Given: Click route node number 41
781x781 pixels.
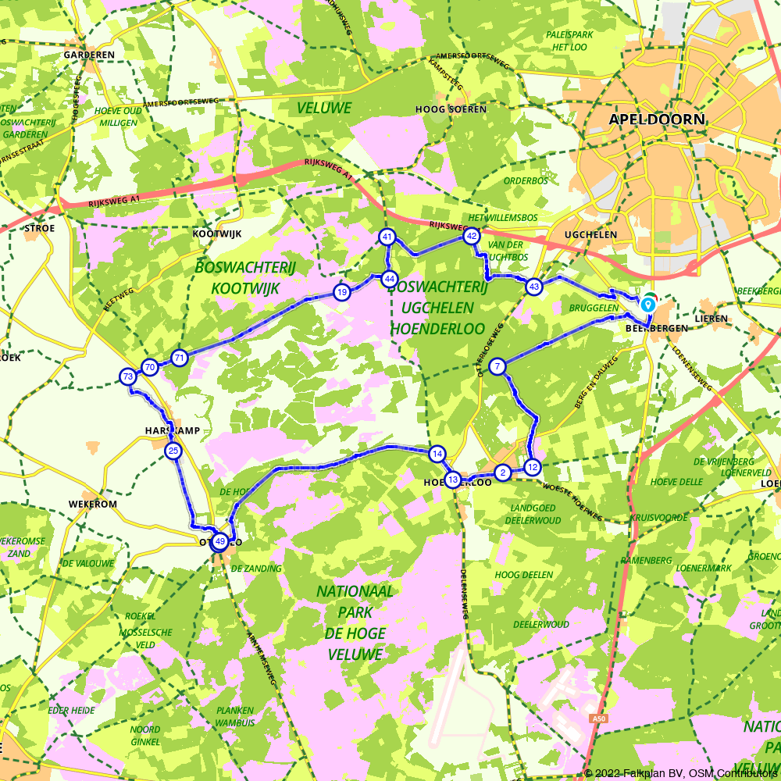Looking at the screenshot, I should tap(387, 237).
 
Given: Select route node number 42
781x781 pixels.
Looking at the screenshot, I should tap(471, 235).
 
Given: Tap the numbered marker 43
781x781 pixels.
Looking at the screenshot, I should tap(533, 287).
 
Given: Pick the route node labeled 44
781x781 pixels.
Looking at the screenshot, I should tap(390, 279).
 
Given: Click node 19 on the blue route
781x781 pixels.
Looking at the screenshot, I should tap(341, 292).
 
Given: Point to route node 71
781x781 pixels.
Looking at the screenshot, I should tap(180, 358).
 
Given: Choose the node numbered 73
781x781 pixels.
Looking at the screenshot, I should tap(128, 377).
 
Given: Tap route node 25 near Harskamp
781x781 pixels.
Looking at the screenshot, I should tap(173, 451).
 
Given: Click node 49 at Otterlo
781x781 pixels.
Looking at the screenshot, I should tap(220, 541).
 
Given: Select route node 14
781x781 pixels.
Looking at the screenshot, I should tap(437, 454).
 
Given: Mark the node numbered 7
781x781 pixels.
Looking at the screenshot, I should tap(497, 366).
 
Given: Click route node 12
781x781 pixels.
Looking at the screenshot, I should tap(533, 467).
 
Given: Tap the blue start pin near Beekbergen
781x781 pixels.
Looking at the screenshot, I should tap(648, 305).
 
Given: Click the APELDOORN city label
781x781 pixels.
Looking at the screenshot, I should tap(657, 119).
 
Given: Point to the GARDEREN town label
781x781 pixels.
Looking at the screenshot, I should tap(89, 55).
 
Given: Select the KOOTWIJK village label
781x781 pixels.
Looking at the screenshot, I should tap(217, 234).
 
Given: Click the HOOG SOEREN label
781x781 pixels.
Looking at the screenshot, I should tap(451, 109).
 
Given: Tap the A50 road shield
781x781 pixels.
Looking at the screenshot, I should tap(598, 719).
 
